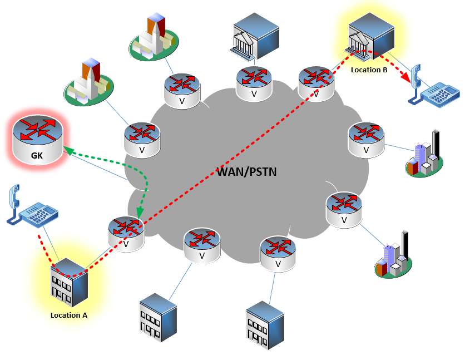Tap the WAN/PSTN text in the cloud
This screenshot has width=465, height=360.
(x=247, y=171)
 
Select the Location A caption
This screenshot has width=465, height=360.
(x=69, y=315)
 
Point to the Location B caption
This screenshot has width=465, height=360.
(x=369, y=70)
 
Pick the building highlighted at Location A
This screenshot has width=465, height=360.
(x=69, y=282)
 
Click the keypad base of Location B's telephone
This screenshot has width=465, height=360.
(x=439, y=95)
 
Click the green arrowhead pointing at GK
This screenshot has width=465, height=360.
(x=67, y=149)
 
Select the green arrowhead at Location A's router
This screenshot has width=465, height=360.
(x=137, y=213)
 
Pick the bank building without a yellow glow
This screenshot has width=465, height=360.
(x=255, y=34)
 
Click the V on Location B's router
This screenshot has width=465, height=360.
(x=316, y=94)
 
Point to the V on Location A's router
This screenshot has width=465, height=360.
(x=126, y=244)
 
